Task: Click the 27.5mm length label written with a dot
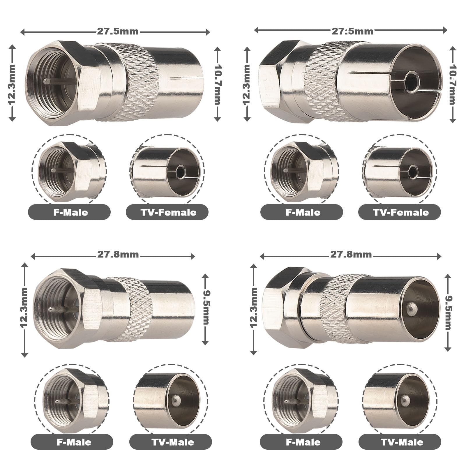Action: tap(118, 31)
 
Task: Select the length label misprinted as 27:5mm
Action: tap(352, 30)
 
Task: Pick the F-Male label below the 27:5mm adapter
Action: tap(303, 212)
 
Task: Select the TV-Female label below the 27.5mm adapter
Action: tap(168, 212)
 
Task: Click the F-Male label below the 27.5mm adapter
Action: tap(70, 212)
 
